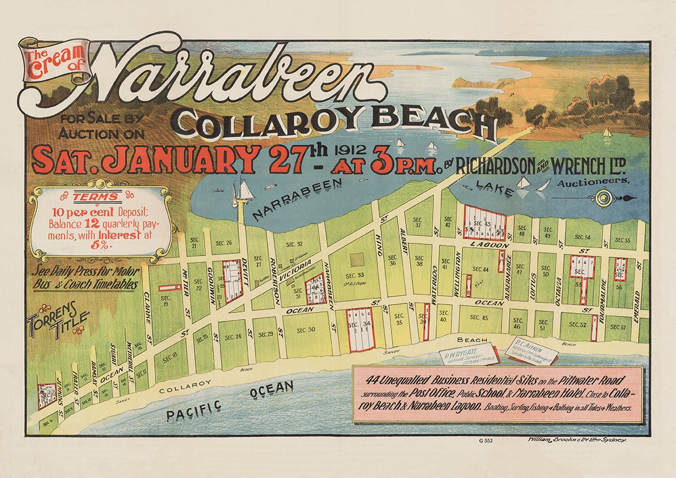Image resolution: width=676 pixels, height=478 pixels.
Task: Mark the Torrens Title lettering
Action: tap(56, 323)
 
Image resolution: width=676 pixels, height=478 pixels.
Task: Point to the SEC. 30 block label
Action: tap(305, 330)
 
